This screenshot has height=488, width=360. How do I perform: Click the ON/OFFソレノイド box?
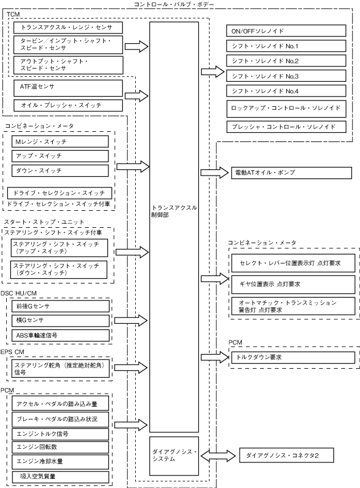(x=286, y=31)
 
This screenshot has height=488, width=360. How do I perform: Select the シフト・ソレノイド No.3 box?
(x=286, y=76)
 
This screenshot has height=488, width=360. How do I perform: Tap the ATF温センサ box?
(x=67, y=87)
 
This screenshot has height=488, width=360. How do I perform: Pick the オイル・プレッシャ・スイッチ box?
(x=67, y=105)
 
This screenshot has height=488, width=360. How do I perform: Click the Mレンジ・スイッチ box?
(x=60, y=141)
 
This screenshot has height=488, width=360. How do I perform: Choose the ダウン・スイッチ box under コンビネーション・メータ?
(x=60, y=170)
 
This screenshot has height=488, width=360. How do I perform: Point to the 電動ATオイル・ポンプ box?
(x=286, y=172)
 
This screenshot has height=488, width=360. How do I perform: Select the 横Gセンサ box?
(x=60, y=321)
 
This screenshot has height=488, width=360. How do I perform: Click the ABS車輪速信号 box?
(x=60, y=335)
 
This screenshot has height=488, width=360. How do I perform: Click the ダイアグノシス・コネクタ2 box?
(x=286, y=456)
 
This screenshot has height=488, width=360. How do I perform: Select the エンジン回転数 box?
(x=60, y=447)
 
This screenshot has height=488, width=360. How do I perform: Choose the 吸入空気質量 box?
(x=60, y=476)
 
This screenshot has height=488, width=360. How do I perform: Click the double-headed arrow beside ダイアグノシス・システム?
(x=217, y=455)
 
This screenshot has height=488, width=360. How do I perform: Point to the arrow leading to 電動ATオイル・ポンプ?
(x=214, y=172)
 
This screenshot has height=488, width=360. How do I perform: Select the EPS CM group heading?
(x=12, y=352)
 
